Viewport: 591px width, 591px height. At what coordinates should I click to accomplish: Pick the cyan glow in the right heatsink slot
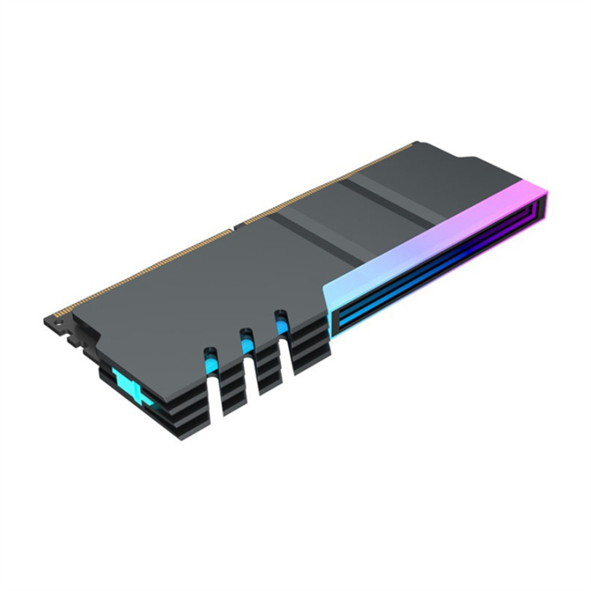(282, 323)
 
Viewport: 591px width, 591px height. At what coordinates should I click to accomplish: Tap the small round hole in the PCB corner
(59, 326)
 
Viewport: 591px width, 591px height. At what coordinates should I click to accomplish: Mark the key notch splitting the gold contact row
(238, 224)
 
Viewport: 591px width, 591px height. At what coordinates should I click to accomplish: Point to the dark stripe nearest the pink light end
(386, 202)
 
